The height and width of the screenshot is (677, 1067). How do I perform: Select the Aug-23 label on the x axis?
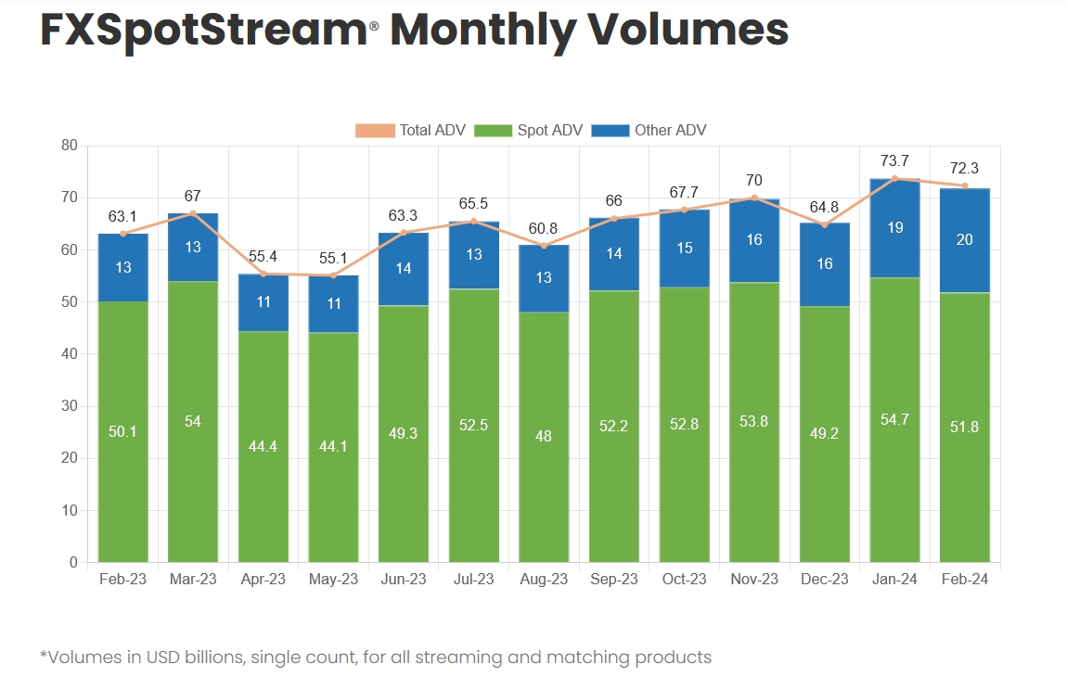(544, 580)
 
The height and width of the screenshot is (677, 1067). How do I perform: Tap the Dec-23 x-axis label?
(824, 580)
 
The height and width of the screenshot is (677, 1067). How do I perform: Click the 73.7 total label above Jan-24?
(894, 161)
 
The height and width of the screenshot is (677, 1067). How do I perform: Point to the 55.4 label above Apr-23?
(264, 257)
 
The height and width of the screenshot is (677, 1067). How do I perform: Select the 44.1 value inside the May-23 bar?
(333, 446)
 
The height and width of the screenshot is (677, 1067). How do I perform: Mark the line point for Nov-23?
(754, 198)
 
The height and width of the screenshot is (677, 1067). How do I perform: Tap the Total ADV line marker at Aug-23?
(544, 246)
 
